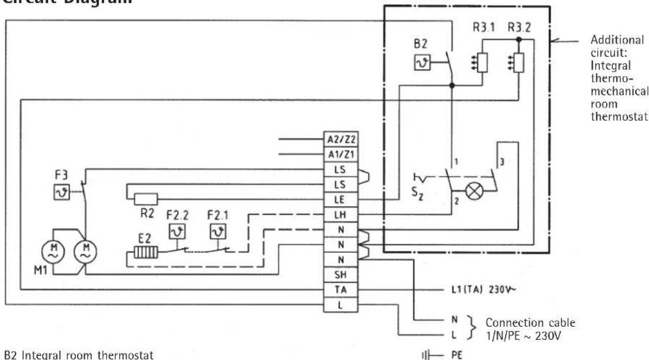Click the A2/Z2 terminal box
click(x=341, y=140)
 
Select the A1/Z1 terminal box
click(x=341, y=154)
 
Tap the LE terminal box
click(x=341, y=200)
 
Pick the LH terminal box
click(x=341, y=215)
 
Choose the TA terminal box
click(x=341, y=290)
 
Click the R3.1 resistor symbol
click(x=482, y=65)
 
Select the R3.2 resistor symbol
click(x=520, y=64)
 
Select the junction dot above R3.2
click(x=520, y=40)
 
